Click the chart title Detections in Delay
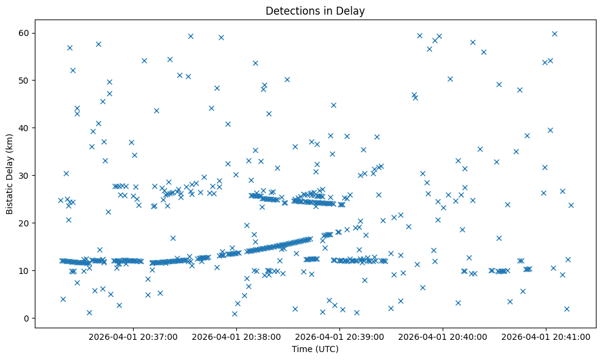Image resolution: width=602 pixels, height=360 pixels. pos(315,10)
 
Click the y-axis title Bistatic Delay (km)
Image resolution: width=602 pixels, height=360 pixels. pos(10,174)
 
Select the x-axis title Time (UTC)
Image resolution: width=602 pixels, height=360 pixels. pos(315,349)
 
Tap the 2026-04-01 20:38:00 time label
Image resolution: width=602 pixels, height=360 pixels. pos(236,336)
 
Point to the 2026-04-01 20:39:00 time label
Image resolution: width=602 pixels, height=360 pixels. pos(339,336)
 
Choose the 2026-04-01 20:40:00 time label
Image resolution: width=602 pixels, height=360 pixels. pos(443,336)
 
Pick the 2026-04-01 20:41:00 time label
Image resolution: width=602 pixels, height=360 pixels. pos(546,336)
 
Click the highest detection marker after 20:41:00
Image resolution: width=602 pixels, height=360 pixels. pos(554,34)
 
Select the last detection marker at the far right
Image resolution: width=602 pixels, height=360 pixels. pos(571,205)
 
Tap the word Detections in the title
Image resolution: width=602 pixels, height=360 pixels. pos(290,10)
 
